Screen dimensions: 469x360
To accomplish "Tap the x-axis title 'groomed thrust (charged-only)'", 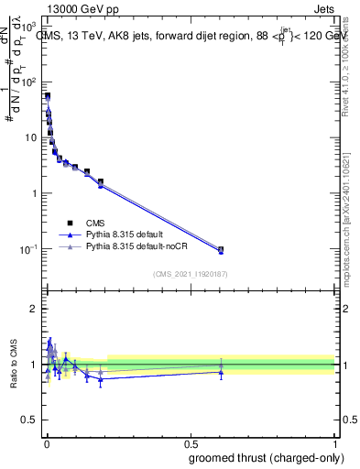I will [267, 457].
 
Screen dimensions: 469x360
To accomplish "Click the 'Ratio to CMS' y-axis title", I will [14, 363].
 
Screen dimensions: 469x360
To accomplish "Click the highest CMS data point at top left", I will [48, 95].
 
